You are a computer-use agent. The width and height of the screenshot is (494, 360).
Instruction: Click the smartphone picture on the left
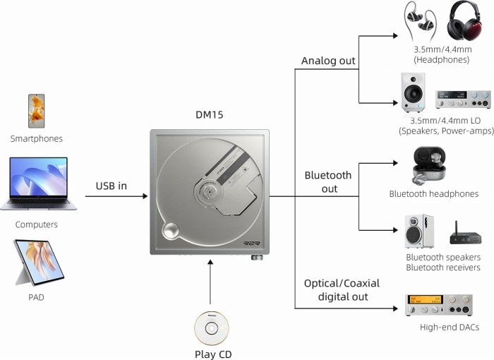(36, 111)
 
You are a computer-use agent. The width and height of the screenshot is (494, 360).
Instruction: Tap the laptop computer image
(39, 184)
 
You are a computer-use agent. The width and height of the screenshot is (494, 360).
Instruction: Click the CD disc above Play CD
(211, 328)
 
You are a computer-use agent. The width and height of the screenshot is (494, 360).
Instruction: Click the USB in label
(112, 186)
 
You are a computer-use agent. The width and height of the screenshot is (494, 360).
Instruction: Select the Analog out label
(328, 61)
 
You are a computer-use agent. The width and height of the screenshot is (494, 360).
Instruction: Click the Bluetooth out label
(328, 181)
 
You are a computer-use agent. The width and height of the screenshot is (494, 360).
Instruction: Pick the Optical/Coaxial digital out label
(342, 289)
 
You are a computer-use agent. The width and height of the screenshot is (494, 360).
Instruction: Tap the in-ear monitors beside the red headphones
(421, 19)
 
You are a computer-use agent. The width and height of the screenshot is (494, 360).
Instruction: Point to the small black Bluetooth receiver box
(466, 233)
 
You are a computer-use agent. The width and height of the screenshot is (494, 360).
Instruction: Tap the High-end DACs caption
(449, 328)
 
